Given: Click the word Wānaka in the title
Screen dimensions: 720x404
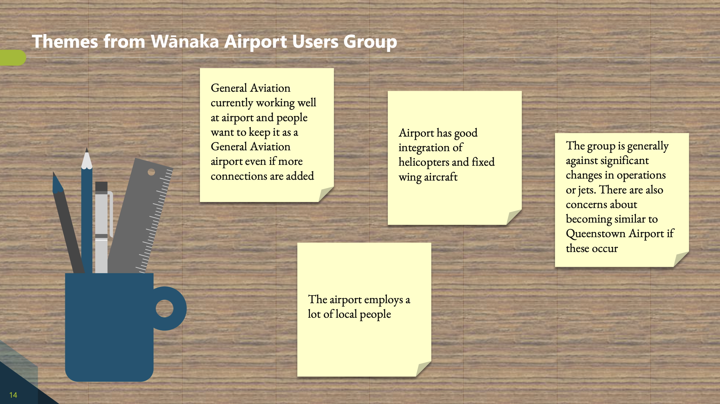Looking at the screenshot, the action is click(x=185, y=41).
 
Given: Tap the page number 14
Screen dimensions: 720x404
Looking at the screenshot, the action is click(x=13, y=395).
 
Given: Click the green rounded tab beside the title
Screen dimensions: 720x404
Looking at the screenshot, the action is click(x=13, y=58).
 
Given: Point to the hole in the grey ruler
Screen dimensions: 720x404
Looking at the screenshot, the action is click(x=151, y=172).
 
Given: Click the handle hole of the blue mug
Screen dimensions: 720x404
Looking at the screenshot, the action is click(x=164, y=308).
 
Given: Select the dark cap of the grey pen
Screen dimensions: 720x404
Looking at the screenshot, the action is click(x=101, y=186).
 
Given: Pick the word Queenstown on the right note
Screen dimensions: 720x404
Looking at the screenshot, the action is click(x=595, y=234).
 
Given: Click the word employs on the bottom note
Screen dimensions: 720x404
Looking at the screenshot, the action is click(x=383, y=300).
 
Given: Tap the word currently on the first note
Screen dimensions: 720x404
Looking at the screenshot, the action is click(x=232, y=103).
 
